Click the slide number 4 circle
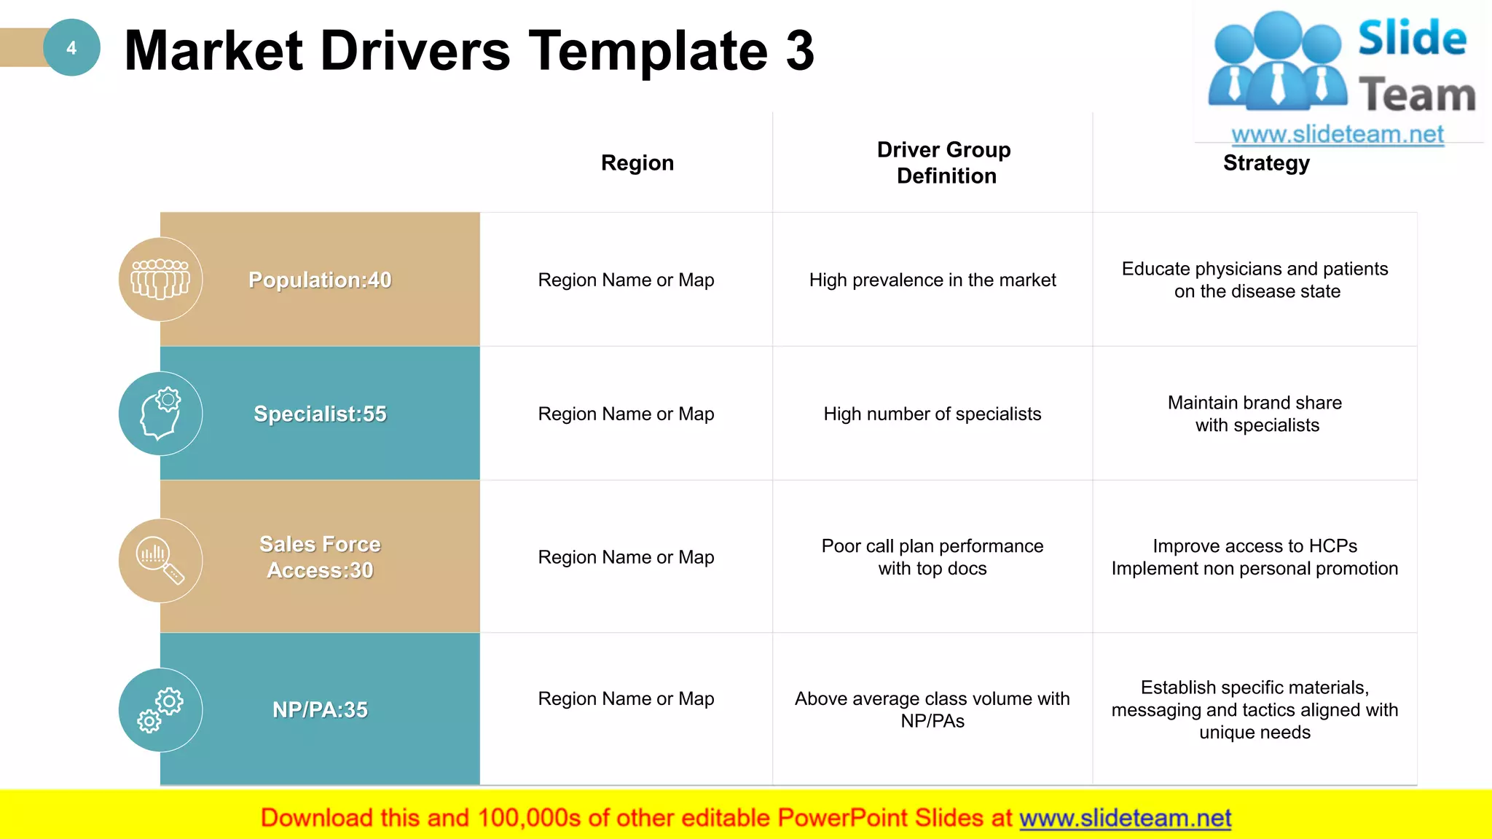pos(71,48)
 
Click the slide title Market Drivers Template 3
pos(469,51)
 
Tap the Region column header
pos(637,163)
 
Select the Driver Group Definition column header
pos(945,163)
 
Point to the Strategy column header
pos(1266,163)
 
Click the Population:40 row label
pos(320,280)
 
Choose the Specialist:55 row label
pos(320,414)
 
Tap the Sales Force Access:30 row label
pos(320,557)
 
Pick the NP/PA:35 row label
pos(320,709)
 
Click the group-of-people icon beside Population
pos(160,280)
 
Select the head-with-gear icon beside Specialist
pos(160,414)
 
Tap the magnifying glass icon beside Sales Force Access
pos(160,561)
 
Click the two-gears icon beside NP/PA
pos(160,710)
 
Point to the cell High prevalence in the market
pos(932,280)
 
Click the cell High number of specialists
pos(932,414)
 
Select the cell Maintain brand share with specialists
pos(1256,414)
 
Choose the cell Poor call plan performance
pos(932,557)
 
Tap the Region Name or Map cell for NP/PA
pos(626,698)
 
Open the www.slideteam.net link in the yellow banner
pos(1125,819)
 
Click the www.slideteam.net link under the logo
pos(1338,135)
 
